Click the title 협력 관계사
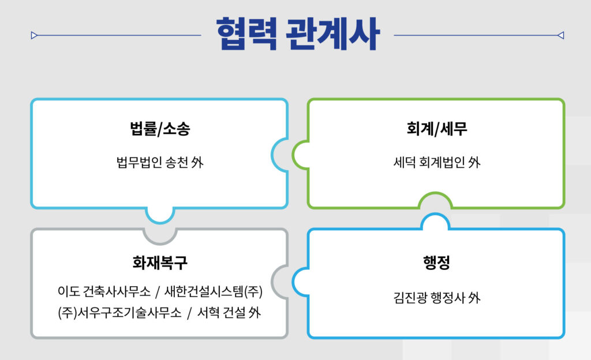(298, 34)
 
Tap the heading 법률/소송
(160, 129)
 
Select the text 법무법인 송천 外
(160, 162)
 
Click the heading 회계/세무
(437, 129)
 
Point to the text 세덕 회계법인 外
(437, 162)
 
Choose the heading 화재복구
(160, 262)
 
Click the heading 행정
(436, 262)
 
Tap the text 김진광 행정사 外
(437, 298)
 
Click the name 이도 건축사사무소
(104, 291)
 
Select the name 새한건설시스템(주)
(214, 291)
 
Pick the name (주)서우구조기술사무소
(120, 313)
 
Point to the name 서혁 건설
(222, 313)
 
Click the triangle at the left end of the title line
(34, 35)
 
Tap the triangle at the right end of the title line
(560, 35)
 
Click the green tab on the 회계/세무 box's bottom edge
(435, 199)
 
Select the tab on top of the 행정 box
(435, 220)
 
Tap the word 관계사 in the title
(332, 34)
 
